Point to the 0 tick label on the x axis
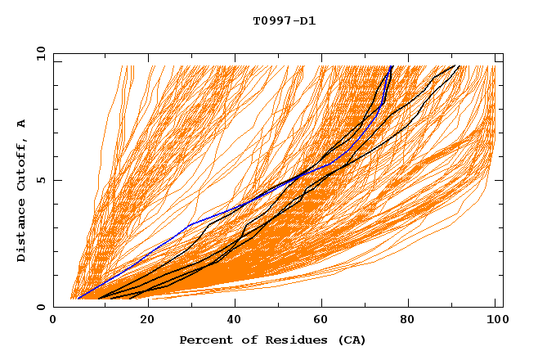tap(53, 322)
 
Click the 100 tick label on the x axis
tap(495, 322)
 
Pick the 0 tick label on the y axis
tap(41, 308)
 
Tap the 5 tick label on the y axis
tap(41, 180)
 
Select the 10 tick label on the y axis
tap(38, 53)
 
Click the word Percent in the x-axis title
tap(204, 340)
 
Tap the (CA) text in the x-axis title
tap(352, 340)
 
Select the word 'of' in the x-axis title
tap(244, 340)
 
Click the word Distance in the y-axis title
tap(22, 232)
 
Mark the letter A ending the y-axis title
tap(22, 124)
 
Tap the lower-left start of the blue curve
tap(78, 297)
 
